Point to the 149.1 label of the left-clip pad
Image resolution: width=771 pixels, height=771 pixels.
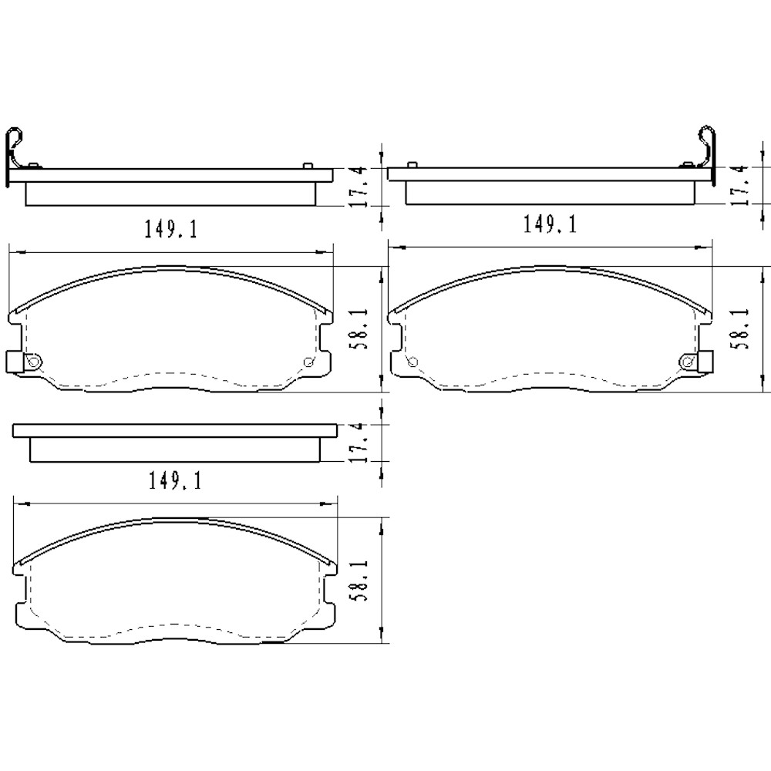point(170,229)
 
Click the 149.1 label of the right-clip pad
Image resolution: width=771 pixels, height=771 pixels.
point(550,224)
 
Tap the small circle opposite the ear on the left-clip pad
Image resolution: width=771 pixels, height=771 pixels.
point(309,363)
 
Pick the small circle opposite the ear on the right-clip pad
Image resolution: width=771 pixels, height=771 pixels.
point(411,362)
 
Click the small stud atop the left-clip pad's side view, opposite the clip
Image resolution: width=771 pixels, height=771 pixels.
point(308,166)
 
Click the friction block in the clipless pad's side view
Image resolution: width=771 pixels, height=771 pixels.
point(174,450)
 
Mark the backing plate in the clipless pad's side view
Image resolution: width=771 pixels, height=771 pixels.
point(174,430)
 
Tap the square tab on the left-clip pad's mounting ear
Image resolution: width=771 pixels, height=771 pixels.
point(14,361)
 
